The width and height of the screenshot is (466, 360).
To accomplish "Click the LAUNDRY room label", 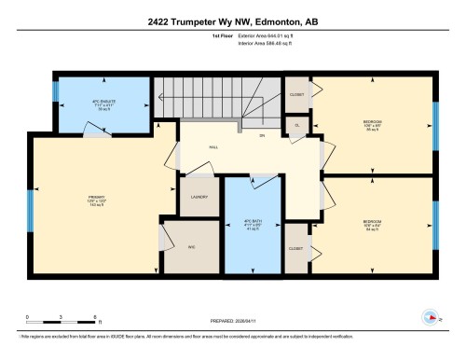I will click(198, 197).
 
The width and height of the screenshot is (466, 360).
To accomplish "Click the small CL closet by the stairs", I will click(296, 125).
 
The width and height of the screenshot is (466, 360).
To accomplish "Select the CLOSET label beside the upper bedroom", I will click(296, 94).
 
